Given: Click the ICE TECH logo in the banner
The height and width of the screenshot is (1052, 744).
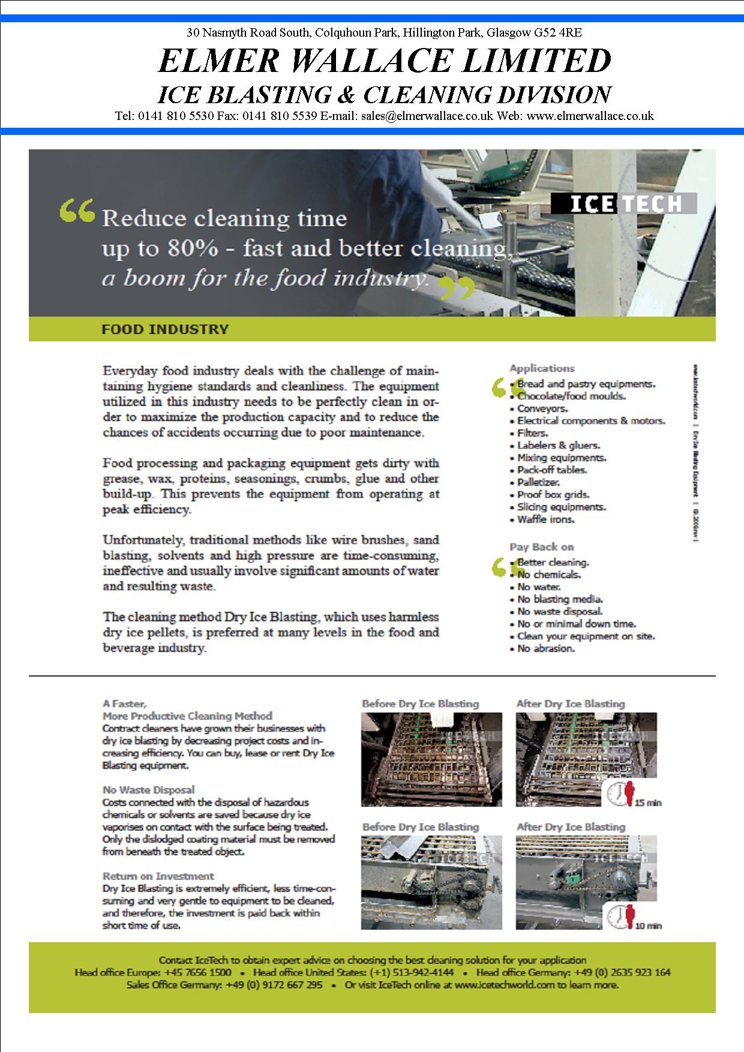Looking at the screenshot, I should (x=623, y=204).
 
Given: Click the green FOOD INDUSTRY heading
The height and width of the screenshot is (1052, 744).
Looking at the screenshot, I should (x=164, y=329).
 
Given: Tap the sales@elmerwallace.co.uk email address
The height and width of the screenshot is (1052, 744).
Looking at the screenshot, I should (x=427, y=116).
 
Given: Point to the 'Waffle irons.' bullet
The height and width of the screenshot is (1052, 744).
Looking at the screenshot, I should (x=545, y=519).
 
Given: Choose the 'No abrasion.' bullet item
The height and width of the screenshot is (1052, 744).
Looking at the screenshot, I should (x=545, y=648).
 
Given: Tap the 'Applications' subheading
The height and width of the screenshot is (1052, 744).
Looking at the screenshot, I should (x=542, y=368).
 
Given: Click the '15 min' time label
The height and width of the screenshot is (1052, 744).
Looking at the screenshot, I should (x=647, y=802).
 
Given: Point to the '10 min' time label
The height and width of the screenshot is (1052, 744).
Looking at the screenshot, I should (x=647, y=925).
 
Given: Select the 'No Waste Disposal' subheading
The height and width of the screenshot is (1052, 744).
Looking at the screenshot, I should (x=148, y=790).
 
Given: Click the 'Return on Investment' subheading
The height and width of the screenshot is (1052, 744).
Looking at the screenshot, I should (x=158, y=876).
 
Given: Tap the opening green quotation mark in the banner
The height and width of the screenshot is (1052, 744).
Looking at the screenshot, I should (x=77, y=211).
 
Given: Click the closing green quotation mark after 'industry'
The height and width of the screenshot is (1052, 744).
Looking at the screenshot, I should (x=457, y=288).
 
